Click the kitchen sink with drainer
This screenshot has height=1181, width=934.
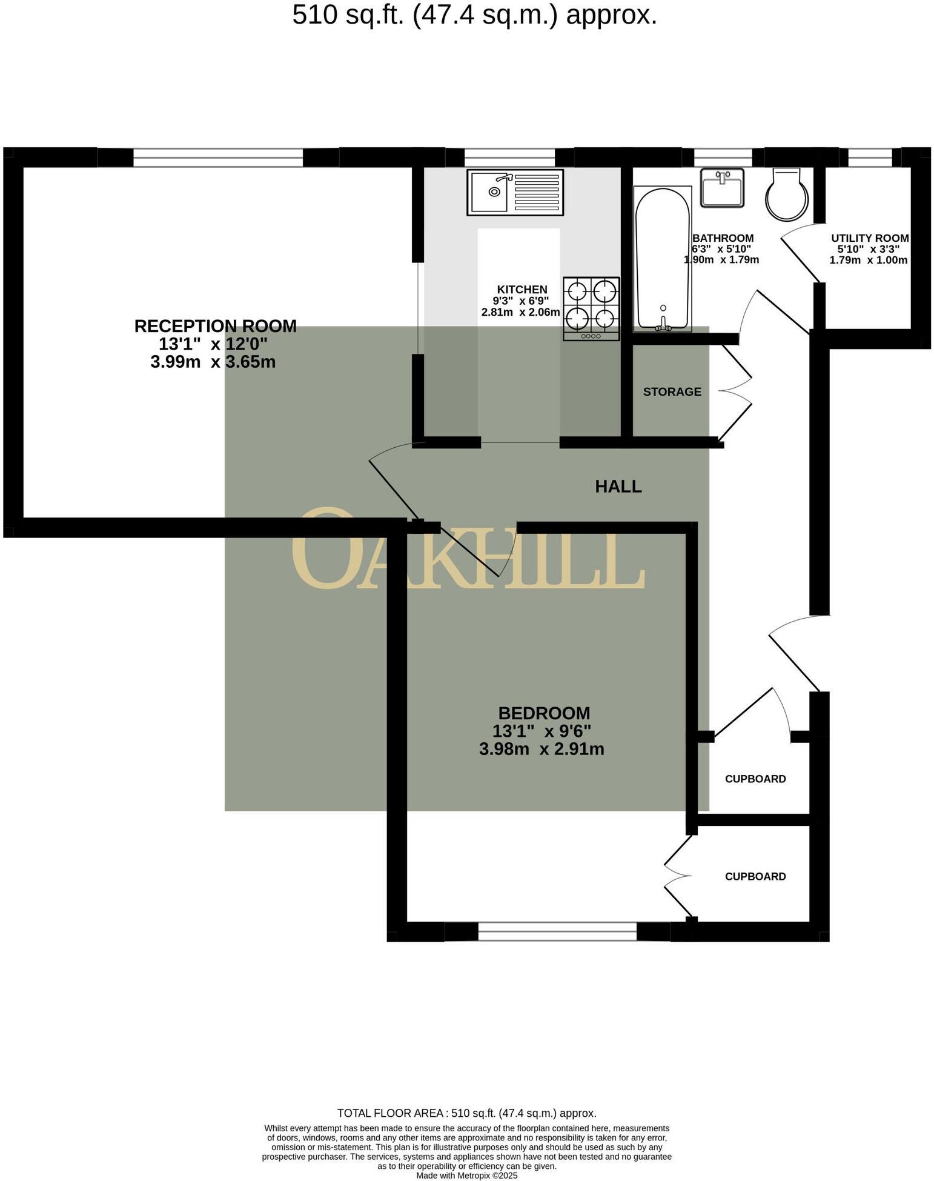[515, 192]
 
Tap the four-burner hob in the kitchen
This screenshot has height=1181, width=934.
[591, 308]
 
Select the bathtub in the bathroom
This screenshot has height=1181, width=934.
[662, 259]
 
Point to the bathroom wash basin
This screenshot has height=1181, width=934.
[722, 187]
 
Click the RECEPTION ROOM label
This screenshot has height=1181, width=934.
[215, 326]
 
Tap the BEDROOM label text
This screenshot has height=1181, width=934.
[543, 713]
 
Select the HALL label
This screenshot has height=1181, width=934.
[618, 486]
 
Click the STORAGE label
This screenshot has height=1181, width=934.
[672, 391]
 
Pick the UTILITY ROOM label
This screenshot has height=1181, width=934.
[869, 238]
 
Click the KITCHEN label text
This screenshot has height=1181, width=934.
[522, 290]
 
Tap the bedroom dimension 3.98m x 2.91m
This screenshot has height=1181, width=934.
[542, 750]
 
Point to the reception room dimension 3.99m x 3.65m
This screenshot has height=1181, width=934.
[213, 362]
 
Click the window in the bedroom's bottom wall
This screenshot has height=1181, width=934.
[557, 931]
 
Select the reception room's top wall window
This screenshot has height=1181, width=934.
[217, 158]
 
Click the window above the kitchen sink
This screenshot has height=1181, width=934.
[509, 158]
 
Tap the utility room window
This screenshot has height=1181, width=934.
[870, 158]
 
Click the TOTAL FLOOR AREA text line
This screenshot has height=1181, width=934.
[466, 1113]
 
